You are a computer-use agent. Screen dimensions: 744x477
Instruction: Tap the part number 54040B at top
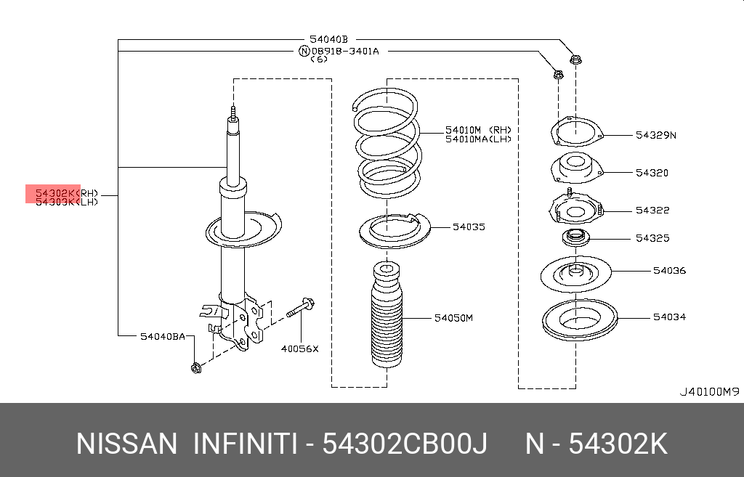click(328, 40)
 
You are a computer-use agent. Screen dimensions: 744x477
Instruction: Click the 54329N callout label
click(655, 134)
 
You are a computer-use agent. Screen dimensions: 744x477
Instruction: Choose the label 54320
click(651, 173)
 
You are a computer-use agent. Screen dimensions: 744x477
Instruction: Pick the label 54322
click(652, 210)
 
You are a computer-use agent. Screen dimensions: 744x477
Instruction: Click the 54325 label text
click(652, 238)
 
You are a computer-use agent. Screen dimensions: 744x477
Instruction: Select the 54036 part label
click(668, 271)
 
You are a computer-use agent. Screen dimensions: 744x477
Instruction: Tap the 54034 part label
click(668, 317)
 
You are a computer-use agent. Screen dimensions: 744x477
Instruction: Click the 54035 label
click(468, 227)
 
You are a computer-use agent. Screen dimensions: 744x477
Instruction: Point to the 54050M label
click(453, 318)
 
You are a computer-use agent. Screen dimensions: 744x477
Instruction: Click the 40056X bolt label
click(300, 348)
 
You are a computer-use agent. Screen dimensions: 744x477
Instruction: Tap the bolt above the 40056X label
click(300, 311)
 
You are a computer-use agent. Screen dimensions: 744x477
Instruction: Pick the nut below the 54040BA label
click(195, 368)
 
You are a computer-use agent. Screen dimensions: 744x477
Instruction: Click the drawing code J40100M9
click(709, 392)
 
